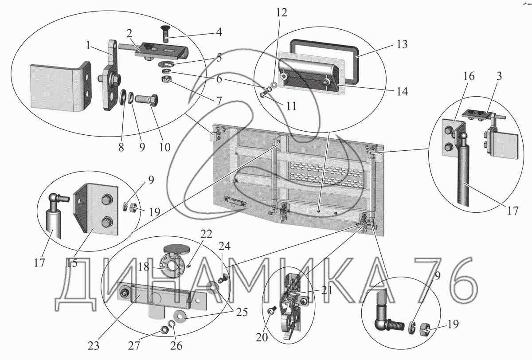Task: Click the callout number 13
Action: (x=402, y=45)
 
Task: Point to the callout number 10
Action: (x=164, y=147)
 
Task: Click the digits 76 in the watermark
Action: (x=442, y=279)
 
